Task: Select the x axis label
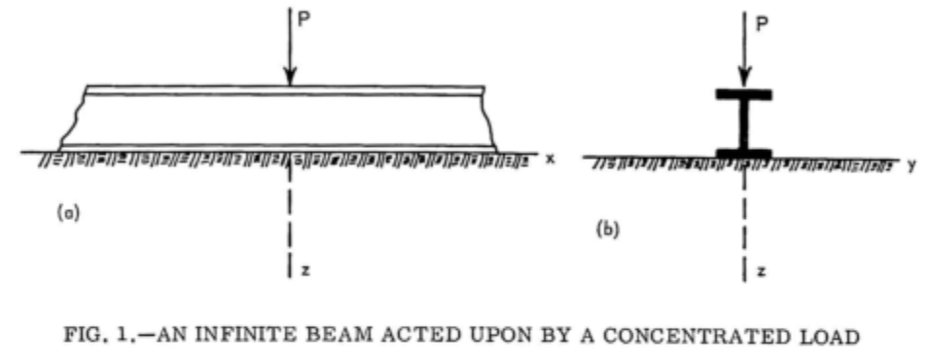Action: pos(550,159)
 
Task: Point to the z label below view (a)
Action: pos(304,270)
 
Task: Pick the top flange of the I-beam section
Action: pos(744,94)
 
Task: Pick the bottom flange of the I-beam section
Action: pos(744,153)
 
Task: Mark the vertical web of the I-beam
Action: pos(744,124)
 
